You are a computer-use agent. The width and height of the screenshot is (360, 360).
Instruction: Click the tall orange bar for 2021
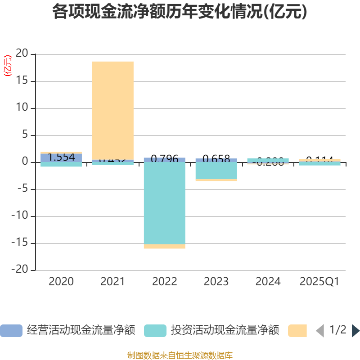(x=113, y=110)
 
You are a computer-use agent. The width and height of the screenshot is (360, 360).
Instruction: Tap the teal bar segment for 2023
(x=216, y=171)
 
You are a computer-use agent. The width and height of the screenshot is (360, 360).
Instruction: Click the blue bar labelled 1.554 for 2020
(x=61, y=157)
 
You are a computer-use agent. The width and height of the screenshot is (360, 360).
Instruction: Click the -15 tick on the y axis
(x=20, y=243)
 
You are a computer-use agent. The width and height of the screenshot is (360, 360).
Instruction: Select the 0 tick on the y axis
(x=26, y=162)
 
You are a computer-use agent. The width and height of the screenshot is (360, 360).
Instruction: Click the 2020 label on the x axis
(x=61, y=282)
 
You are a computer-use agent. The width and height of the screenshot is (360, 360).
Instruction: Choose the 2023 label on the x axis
(x=216, y=282)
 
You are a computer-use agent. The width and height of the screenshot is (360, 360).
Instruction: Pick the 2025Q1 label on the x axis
(x=319, y=282)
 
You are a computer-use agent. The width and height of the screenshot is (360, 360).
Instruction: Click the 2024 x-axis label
(x=268, y=282)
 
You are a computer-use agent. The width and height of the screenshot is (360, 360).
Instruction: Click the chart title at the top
(x=180, y=12)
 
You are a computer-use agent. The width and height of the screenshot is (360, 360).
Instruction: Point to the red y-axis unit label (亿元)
(x=8, y=66)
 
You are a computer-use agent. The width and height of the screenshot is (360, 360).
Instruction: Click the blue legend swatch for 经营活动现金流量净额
(x=11, y=331)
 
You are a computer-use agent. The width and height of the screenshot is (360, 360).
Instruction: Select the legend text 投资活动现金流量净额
(x=225, y=331)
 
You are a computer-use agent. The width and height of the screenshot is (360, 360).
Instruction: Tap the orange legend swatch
(x=297, y=331)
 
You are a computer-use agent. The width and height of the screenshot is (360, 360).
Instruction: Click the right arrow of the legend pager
(x=355, y=331)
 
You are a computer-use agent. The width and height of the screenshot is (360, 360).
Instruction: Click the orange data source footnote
(x=180, y=355)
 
